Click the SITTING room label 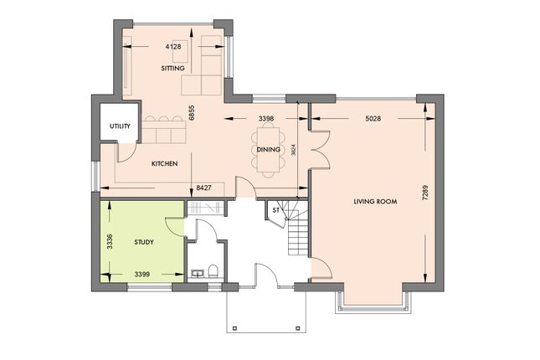click(x=173, y=68)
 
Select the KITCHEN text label click(x=164, y=164)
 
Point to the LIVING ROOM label click(x=375, y=202)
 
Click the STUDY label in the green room click(x=145, y=242)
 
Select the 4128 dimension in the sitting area click(x=173, y=47)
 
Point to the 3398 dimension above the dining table click(x=266, y=119)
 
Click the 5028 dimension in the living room click(x=373, y=119)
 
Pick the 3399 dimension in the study click(x=143, y=273)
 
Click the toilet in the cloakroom click(x=213, y=271)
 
